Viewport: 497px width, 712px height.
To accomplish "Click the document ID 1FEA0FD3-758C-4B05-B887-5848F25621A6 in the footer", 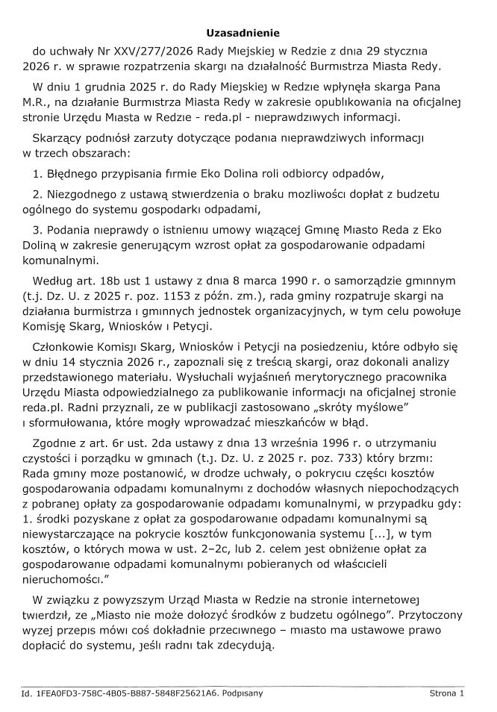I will click(x=127, y=693).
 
